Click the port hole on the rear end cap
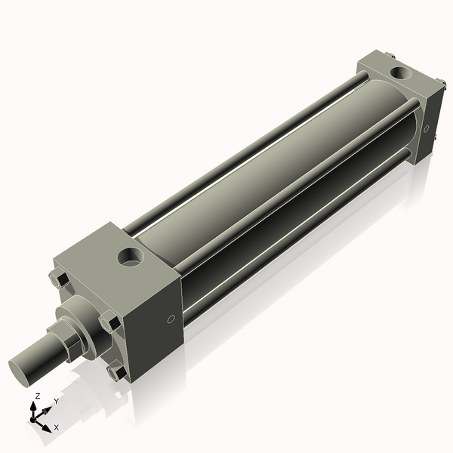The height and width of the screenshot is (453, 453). tap(399, 73)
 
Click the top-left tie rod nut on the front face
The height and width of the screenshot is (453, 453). tap(60, 279)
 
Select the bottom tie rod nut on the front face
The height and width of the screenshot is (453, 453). tap(117, 371)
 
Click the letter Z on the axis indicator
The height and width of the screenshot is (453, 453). tap(37, 396)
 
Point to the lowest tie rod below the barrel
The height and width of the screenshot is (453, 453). tap(302, 226)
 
